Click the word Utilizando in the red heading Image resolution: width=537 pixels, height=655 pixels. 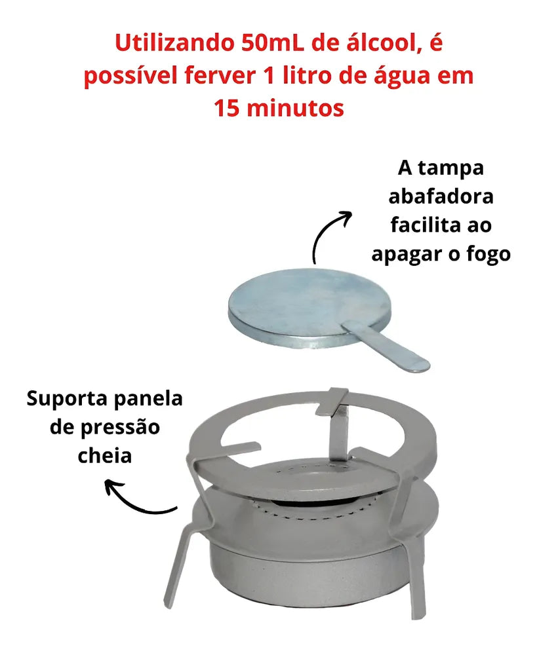174,43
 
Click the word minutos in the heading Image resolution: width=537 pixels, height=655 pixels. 295,108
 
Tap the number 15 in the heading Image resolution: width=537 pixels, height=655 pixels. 227,108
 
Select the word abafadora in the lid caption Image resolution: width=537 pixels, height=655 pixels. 441,196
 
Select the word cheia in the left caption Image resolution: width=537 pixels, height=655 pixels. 104,456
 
